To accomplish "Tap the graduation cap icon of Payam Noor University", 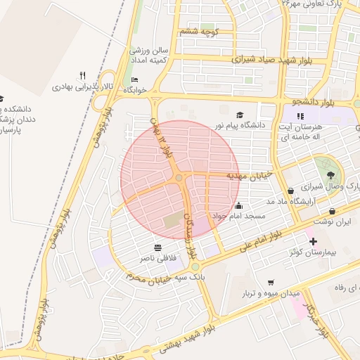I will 240,115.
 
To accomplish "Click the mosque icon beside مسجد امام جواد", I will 239,206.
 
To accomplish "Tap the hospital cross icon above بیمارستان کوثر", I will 313,241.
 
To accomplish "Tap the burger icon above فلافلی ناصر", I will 157,247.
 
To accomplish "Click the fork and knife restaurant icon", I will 82,76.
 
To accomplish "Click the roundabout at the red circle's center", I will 179,179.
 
